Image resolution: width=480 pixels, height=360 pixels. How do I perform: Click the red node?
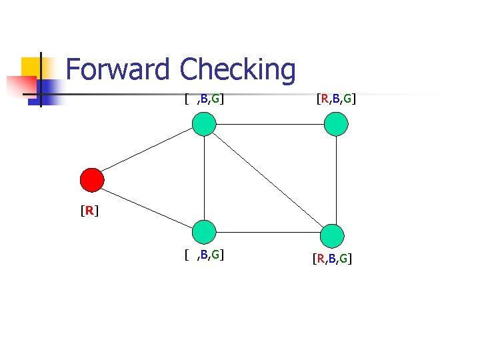(x=92, y=180)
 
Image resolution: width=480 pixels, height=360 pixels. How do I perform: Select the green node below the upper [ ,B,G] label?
(x=204, y=124)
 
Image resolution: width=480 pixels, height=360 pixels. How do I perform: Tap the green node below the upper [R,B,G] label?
(x=336, y=124)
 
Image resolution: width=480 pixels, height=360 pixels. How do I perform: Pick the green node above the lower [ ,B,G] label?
(x=204, y=232)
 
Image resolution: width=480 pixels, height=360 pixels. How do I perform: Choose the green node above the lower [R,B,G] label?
(x=332, y=236)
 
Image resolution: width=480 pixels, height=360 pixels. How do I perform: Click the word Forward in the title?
(x=117, y=69)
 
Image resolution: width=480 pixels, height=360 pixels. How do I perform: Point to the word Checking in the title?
(x=237, y=71)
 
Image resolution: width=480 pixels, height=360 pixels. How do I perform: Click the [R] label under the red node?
(x=89, y=211)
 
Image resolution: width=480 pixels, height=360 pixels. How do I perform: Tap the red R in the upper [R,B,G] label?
(x=325, y=99)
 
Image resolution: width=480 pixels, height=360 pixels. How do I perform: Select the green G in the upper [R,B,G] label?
(x=347, y=99)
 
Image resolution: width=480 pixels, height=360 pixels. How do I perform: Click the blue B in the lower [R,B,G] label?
(x=332, y=259)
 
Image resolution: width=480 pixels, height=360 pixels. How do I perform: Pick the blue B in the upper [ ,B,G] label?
(x=204, y=99)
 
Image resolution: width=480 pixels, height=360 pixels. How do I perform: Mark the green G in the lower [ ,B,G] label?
(x=215, y=255)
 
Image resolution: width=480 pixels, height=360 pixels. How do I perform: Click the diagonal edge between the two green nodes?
(x=268, y=180)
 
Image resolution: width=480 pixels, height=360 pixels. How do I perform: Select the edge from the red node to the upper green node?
(x=147, y=150)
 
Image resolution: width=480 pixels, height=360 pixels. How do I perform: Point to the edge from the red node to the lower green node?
(x=147, y=208)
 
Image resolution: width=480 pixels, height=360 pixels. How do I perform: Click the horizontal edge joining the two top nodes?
(x=270, y=124)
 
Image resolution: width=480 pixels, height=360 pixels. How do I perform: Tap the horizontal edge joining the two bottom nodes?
(x=268, y=233)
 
